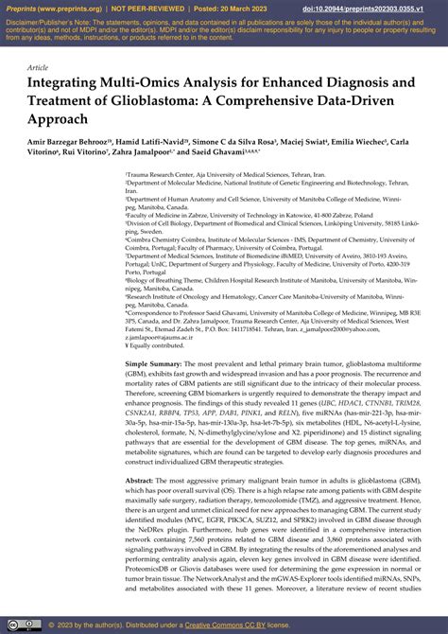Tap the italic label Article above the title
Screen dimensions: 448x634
[38, 68]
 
